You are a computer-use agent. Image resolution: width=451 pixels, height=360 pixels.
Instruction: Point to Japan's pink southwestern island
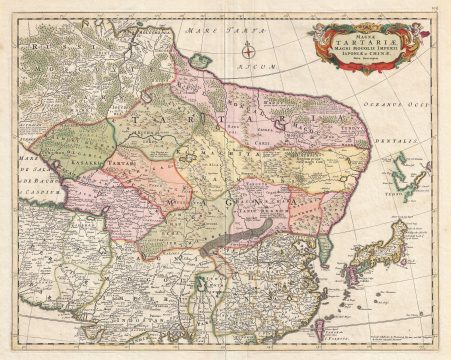[352, 272]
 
